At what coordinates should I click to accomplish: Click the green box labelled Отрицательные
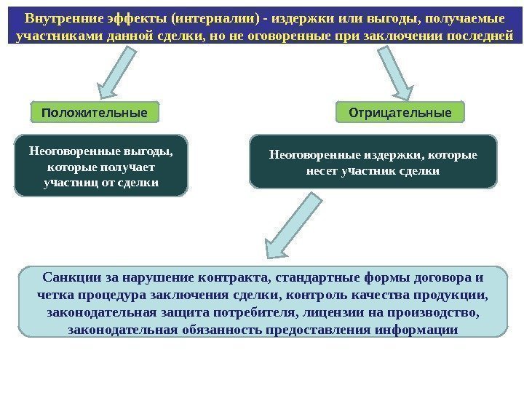[x=401, y=114]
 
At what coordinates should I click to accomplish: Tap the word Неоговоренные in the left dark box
[x=68, y=153]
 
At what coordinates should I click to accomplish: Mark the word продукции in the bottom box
[x=454, y=296]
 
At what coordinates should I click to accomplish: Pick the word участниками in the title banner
[x=54, y=36]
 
